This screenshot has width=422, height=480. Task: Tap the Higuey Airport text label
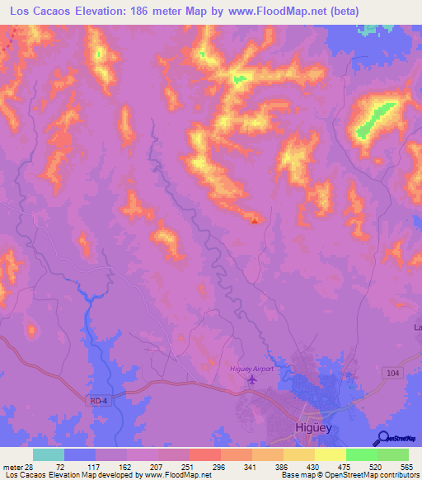click(251, 369)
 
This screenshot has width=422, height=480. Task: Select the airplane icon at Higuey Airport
click(251, 379)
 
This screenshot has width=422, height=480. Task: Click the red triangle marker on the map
click(255, 219)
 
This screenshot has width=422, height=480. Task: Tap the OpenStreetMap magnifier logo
click(382, 438)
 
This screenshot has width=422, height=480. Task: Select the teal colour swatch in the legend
click(48, 454)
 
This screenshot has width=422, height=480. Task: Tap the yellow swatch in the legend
click(330, 454)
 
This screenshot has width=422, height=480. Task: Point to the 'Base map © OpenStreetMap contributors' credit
click(347, 476)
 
